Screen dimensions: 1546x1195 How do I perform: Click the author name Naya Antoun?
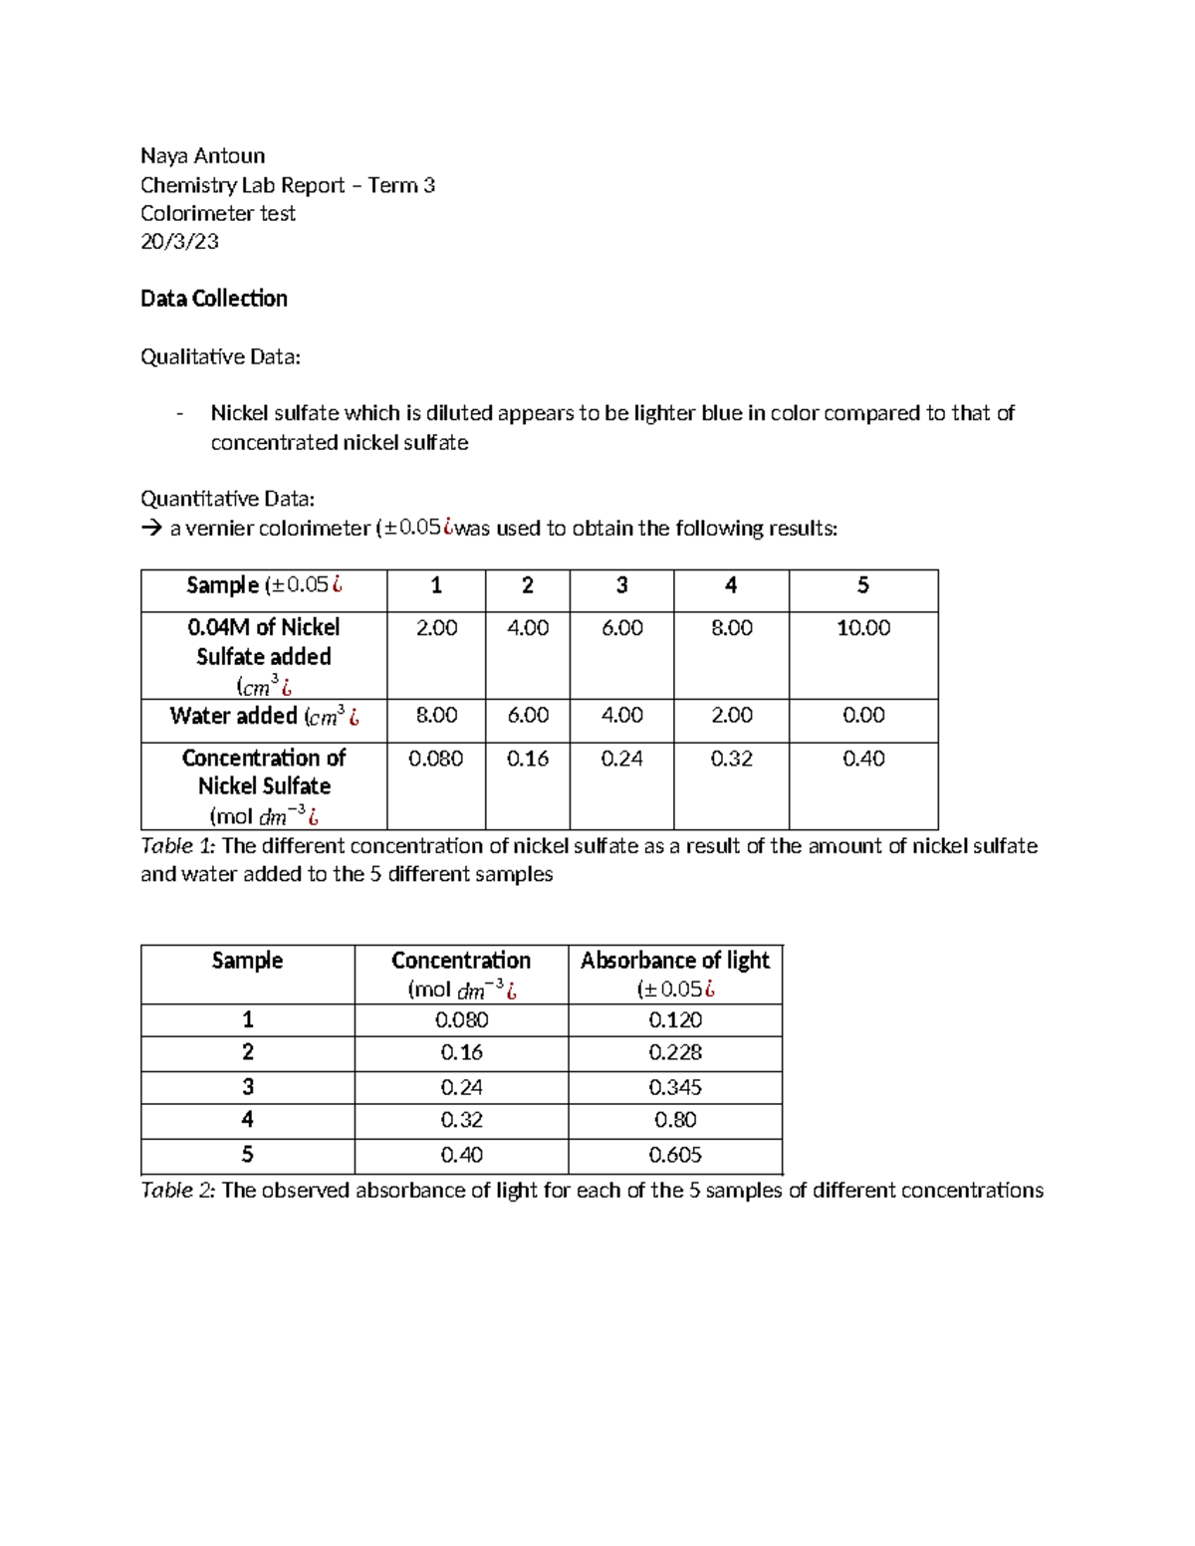pyautogui.click(x=202, y=155)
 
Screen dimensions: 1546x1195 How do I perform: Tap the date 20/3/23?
pyautogui.click(x=179, y=241)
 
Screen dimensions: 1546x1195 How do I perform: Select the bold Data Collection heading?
pyautogui.click(x=213, y=299)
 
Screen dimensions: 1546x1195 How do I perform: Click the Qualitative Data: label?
pyautogui.click(x=219, y=356)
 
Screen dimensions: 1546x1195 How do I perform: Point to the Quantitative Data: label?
pyautogui.click(x=227, y=499)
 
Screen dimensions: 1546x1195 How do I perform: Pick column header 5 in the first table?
pyautogui.click(x=862, y=585)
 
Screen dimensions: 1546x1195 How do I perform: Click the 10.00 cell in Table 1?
pyautogui.click(x=862, y=628)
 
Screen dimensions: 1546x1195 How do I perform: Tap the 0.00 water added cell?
pyautogui.click(x=862, y=716)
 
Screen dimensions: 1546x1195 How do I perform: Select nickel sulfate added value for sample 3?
pyautogui.click(x=621, y=628)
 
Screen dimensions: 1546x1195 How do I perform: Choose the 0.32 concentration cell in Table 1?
pyautogui.click(x=731, y=759)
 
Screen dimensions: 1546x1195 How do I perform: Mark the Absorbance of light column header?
pyautogui.click(x=674, y=961)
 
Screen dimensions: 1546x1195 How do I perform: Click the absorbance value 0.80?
pyautogui.click(x=674, y=1120)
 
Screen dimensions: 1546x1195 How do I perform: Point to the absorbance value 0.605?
pyautogui.click(x=674, y=1155)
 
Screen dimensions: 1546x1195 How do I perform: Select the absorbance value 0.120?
pyautogui.click(x=674, y=1020)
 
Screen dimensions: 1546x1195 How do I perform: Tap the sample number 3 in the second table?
pyautogui.click(x=247, y=1086)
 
